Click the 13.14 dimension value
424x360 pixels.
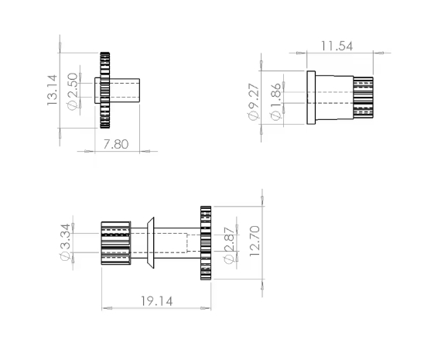coord(52,90)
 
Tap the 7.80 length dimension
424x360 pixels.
coord(116,144)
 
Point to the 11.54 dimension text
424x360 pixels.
coord(337,46)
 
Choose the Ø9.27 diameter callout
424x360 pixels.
coord(254,101)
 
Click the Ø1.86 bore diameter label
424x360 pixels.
coord(275,101)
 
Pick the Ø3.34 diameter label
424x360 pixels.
coord(65,242)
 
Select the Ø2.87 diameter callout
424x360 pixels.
coord(229,245)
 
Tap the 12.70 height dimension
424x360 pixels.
coord(255,242)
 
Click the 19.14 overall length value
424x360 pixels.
coord(157,301)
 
